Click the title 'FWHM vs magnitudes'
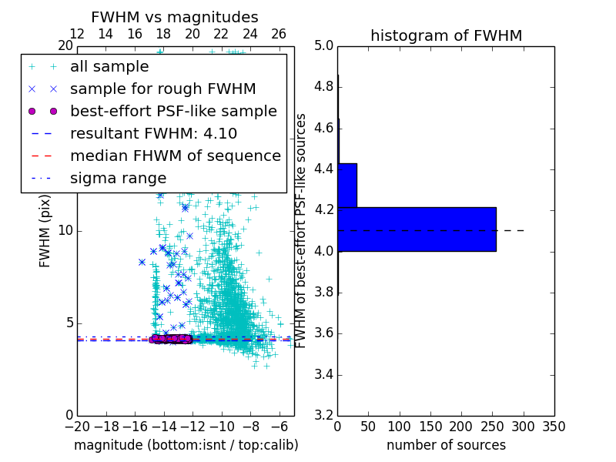tap(174, 17)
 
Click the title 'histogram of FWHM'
tap(446, 35)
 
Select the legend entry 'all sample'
tap(109, 67)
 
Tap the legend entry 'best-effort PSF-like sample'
tap(173, 111)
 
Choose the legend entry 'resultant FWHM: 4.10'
tap(153, 133)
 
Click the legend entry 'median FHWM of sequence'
tap(175, 156)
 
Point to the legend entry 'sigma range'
tap(118, 178)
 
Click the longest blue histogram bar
tap(417, 229)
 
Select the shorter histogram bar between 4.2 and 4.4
tap(347, 185)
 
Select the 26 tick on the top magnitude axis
tap(279, 34)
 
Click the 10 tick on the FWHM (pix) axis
tap(66, 231)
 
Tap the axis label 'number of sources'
tap(446, 445)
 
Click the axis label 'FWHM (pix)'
tap(45, 231)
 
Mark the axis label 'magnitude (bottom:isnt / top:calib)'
tap(186, 445)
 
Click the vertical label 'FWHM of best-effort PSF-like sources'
tap(301, 231)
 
